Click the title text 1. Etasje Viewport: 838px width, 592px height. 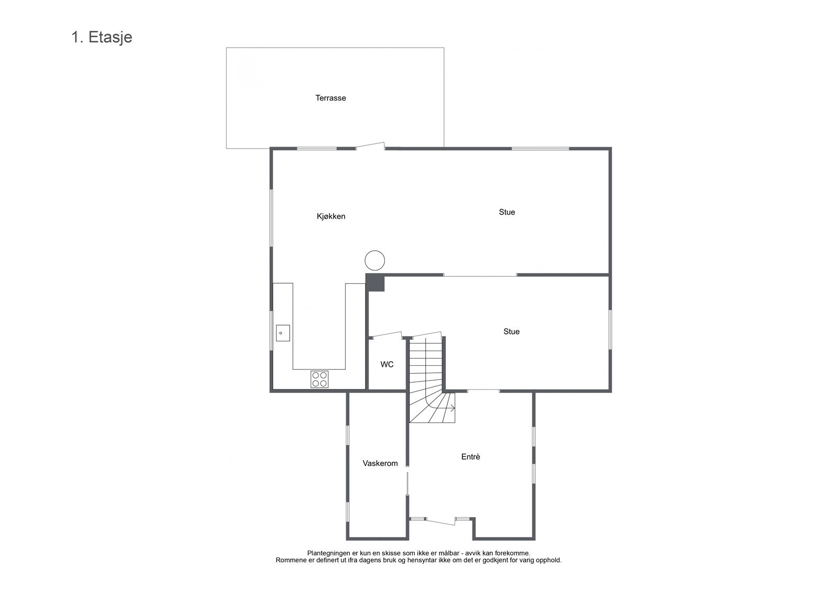point(102,37)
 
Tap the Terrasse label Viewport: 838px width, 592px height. point(330,98)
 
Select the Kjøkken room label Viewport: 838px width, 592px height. point(331,216)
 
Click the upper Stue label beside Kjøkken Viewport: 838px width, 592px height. point(506,212)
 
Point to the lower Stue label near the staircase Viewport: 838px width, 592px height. point(511,331)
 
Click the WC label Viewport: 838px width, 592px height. point(387,364)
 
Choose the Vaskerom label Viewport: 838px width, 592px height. point(380,463)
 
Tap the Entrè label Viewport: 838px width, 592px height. point(470,456)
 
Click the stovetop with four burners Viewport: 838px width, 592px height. point(319,379)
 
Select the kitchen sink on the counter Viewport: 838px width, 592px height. point(283,333)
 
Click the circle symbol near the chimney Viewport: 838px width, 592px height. point(375,260)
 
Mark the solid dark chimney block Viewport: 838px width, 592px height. point(375,282)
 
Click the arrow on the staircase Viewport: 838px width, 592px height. point(451,408)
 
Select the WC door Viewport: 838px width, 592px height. point(386,334)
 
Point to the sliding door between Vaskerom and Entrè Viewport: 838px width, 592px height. point(407,483)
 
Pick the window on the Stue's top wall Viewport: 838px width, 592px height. point(540,149)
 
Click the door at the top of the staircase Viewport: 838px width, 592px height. point(425,334)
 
